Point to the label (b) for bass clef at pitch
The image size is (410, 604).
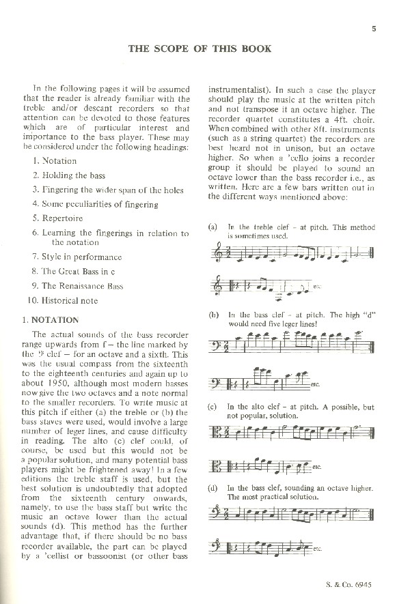click(213, 315)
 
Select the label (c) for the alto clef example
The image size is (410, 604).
click(213, 407)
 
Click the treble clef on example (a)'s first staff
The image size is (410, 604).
click(219, 254)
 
